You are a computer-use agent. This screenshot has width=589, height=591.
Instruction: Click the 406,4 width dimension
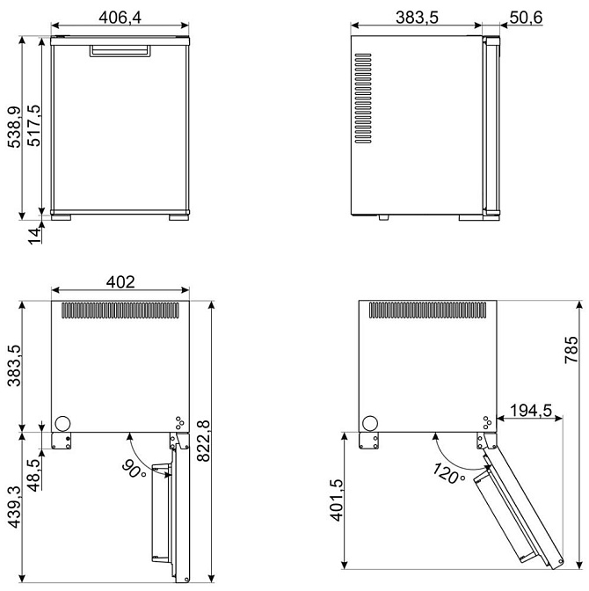point(120,18)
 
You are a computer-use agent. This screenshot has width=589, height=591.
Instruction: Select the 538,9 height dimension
point(15,127)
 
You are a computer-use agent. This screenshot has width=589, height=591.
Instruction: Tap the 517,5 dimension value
point(34,126)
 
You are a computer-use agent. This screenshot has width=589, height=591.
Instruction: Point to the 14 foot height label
point(34,236)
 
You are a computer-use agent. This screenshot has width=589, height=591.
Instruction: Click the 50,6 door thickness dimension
point(526,18)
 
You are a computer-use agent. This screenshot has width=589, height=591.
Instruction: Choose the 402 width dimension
point(120,281)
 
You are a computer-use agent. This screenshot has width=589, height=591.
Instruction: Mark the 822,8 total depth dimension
point(203,441)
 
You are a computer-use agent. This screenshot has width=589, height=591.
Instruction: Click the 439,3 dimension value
point(14,507)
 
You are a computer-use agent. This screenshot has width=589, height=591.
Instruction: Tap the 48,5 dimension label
point(33,475)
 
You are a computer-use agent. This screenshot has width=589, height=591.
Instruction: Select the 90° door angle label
point(134,470)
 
